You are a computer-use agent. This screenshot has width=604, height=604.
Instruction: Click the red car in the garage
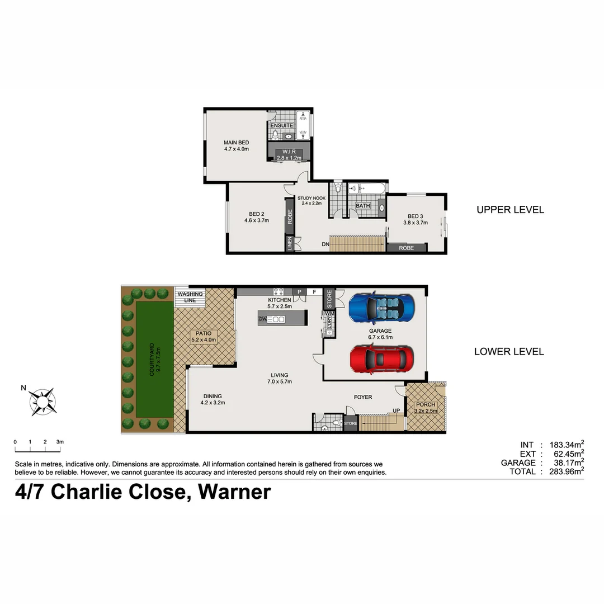pos(382,359)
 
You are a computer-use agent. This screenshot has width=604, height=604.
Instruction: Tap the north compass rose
pos(43,401)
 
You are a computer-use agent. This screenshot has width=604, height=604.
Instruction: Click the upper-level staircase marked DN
pos(357,244)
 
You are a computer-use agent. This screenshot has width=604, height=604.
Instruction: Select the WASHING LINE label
pos(190,297)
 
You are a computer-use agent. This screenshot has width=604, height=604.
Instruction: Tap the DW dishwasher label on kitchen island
pos(262,319)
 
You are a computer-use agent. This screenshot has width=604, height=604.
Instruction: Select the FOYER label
pos(363,397)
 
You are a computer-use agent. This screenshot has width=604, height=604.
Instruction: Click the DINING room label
pos(213,398)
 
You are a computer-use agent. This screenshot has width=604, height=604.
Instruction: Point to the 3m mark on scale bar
pos(60,442)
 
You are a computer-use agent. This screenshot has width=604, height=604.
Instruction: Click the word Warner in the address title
pos(235,492)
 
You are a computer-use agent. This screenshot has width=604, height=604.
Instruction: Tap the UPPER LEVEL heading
pos(510,210)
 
